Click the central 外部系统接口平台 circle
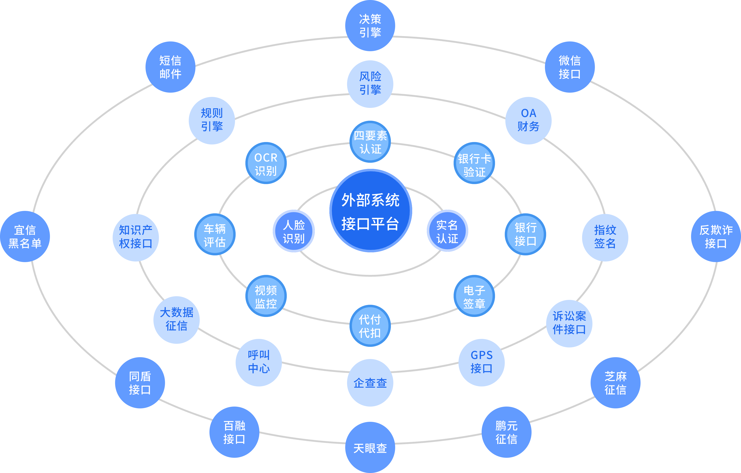point(371,211)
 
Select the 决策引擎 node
point(370,26)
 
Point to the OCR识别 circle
point(266,163)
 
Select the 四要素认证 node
point(370,142)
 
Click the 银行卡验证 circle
point(474,163)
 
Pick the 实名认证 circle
point(447,231)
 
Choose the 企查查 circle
point(370,383)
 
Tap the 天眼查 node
point(370,447)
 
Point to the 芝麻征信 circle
point(615,383)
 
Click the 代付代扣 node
point(370,326)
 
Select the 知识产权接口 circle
point(136,238)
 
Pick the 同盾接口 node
point(140,383)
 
